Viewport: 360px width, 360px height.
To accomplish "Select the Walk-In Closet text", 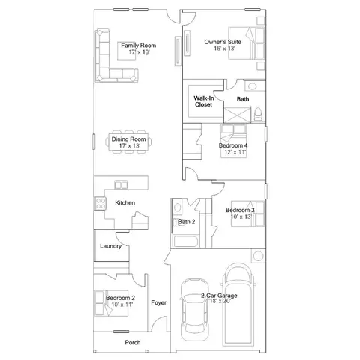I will point(203,101).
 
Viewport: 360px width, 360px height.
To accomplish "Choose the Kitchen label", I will point(124,203).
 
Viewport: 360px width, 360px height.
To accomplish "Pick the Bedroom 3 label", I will point(241,211).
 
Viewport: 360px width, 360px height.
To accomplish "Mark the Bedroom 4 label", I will point(233,145).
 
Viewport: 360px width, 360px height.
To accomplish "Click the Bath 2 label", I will point(187,222).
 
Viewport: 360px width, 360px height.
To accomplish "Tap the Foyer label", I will point(158,303).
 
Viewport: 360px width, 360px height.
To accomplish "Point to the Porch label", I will point(133,342).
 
